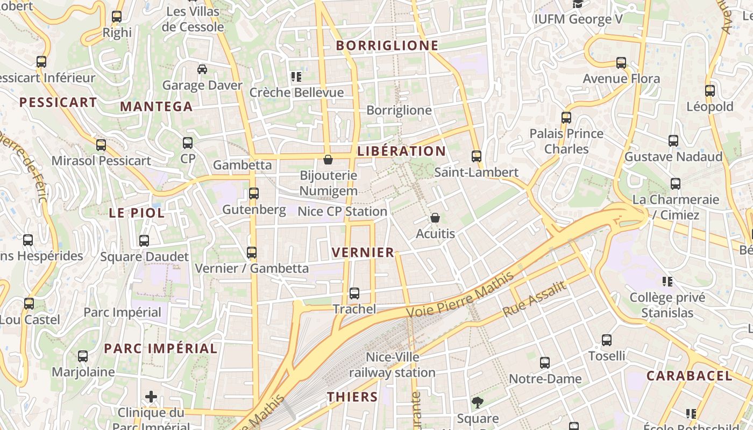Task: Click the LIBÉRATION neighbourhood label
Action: tap(401, 151)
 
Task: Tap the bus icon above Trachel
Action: tap(354, 293)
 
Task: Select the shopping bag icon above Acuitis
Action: tap(435, 218)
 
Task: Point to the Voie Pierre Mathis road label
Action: tap(460, 295)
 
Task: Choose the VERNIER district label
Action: tap(363, 253)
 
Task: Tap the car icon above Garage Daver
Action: tap(202, 69)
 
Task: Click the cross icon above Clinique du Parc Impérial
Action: tap(151, 397)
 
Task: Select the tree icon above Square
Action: tap(477, 403)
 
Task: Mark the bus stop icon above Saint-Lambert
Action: tap(476, 156)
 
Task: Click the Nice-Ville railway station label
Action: tap(392, 364)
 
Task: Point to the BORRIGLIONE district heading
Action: tap(387, 46)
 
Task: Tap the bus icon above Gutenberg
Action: tap(254, 193)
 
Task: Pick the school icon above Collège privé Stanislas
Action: tap(667, 282)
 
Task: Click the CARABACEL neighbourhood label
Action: tap(689, 376)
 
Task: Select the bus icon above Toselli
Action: tap(607, 340)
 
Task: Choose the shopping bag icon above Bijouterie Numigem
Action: tap(328, 160)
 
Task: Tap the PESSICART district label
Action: tap(58, 102)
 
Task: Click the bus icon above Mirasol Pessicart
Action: tap(101, 145)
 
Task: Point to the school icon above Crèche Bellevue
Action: tap(296, 77)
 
